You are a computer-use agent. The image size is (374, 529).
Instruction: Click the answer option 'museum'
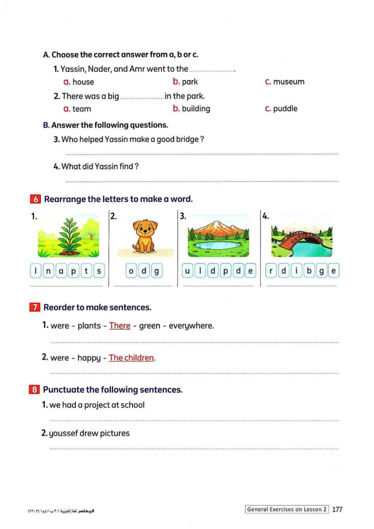pos(288,82)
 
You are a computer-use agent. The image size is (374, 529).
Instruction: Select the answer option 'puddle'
pos(285,109)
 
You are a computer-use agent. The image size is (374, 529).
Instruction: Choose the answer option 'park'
pos(190,82)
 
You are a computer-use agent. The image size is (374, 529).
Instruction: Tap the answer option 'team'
pos(82,109)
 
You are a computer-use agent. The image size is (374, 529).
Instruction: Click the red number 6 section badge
pos(35,199)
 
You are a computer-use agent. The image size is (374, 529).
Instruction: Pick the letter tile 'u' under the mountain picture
pos(187,271)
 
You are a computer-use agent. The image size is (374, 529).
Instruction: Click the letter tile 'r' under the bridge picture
pos(271,271)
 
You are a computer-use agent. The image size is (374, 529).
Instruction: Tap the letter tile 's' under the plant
pos(99,271)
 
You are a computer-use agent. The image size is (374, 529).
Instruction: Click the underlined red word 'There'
pos(120,326)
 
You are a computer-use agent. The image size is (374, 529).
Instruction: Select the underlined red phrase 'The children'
pos(131,358)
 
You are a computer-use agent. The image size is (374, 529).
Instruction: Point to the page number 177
pos(337,510)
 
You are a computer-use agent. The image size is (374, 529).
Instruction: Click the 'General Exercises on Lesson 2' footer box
pos(287,510)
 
